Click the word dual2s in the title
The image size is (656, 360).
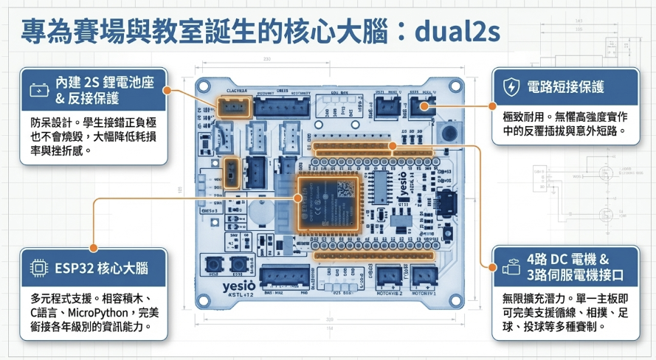458,31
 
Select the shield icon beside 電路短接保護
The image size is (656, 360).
510,87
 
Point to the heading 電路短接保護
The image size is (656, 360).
565,87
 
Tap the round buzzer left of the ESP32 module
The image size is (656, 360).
258,212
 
